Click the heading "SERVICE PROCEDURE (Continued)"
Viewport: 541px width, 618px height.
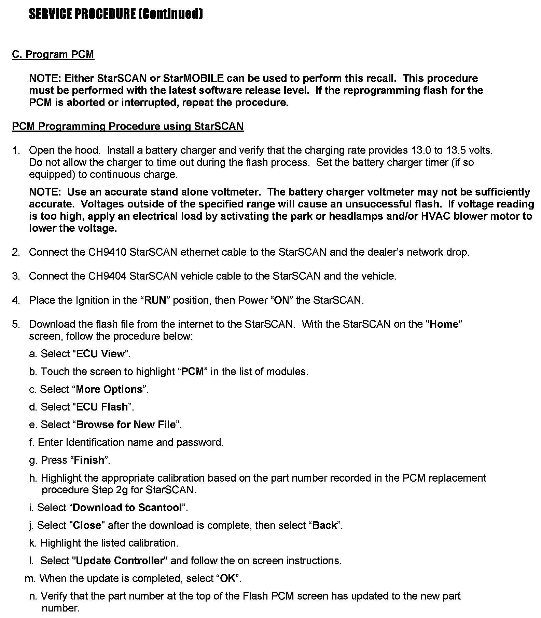[116, 14]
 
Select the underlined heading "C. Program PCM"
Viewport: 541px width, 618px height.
[53, 54]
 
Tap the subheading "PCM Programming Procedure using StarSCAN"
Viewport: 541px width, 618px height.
[128, 126]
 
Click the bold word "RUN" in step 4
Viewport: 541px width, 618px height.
[155, 300]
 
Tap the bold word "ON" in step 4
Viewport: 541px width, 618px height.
[281, 300]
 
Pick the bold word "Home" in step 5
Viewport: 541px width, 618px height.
[444, 324]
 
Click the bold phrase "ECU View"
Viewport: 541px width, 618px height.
[100, 354]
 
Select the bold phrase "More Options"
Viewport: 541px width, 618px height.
[109, 389]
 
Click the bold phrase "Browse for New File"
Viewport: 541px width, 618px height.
[126, 425]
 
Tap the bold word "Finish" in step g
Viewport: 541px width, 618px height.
[89, 460]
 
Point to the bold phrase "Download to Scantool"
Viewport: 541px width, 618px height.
[127, 508]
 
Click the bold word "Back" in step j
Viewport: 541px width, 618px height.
[324, 525]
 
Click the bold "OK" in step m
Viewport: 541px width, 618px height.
[228, 579]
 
